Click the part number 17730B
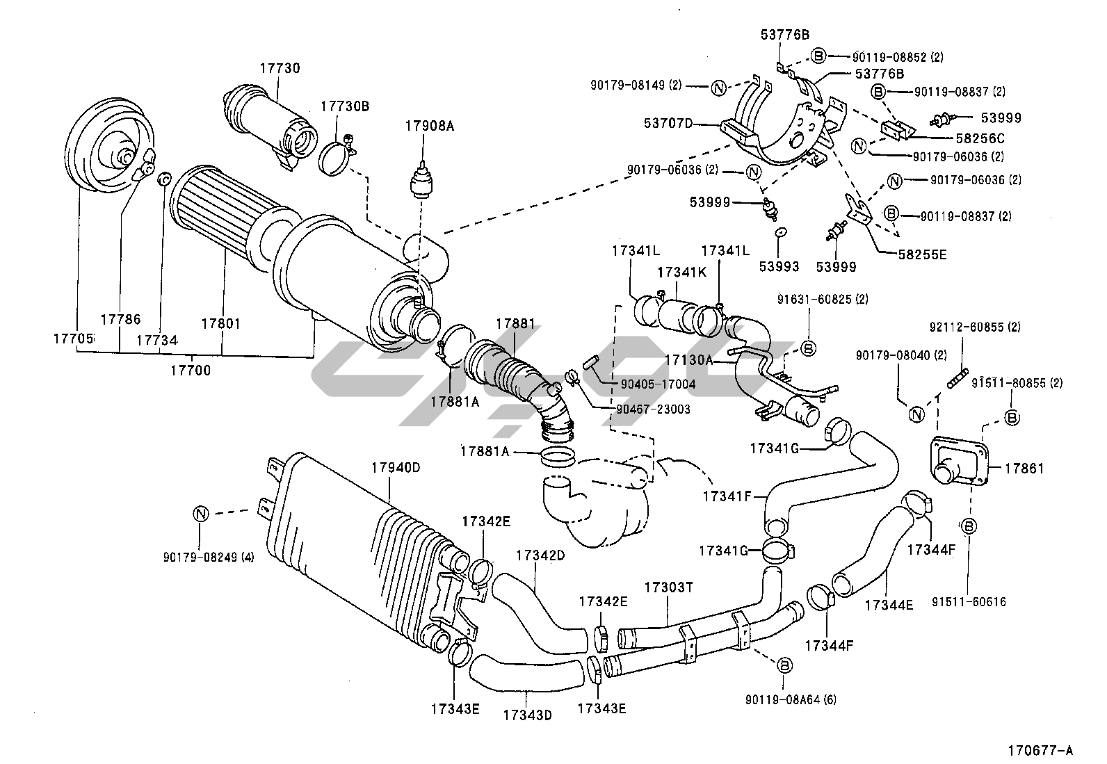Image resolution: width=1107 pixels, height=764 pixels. pyautogui.click(x=344, y=106)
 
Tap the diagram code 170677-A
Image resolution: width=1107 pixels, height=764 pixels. pyautogui.click(x=1040, y=750)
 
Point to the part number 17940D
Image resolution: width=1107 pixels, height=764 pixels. pyautogui.click(x=395, y=468)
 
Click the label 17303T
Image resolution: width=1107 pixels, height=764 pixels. pyautogui.click(x=668, y=587)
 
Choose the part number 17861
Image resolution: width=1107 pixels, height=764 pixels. pyautogui.click(x=1024, y=469)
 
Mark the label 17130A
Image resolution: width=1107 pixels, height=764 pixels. pyautogui.click(x=688, y=360)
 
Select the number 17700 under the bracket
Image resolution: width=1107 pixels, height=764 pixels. pyautogui.click(x=190, y=371)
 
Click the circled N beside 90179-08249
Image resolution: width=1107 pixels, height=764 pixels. pyautogui.click(x=200, y=514)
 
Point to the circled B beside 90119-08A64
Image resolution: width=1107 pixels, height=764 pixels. pyautogui.click(x=784, y=665)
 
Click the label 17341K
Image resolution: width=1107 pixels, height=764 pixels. pyautogui.click(x=681, y=273)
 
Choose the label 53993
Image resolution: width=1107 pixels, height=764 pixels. pyautogui.click(x=779, y=266)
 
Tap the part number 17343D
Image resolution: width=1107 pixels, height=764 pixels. pyautogui.click(x=526, y=714)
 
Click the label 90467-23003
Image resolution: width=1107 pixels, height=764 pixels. pyautogui.click(x=653, y=409)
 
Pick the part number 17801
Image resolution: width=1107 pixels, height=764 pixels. pyautogui.click(x=220, y=324)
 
